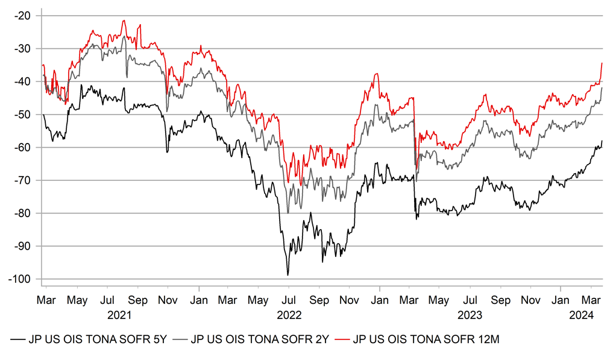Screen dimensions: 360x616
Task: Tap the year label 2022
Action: (289, 314)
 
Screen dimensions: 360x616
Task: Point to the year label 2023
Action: (470, 314)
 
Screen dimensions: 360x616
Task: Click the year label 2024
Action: (583, 314)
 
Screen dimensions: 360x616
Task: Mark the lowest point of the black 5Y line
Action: (288, 276)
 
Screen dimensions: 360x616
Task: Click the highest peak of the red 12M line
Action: (124, 21)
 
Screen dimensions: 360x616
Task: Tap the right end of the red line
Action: (602, 63)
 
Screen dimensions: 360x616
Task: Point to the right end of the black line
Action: (602, 141)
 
